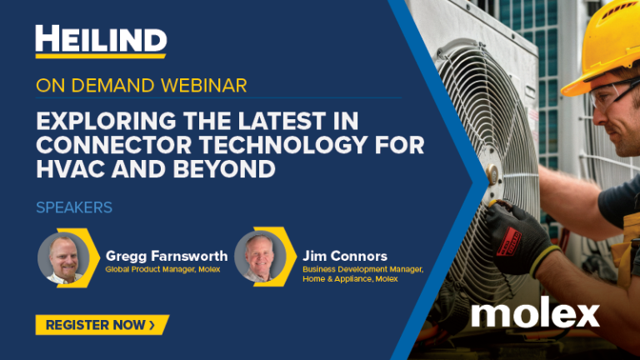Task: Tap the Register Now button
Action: pos(101,324)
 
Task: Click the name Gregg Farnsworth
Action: pos(167,255)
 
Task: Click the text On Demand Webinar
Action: pos(141,86)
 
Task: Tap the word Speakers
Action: pos(74,206)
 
